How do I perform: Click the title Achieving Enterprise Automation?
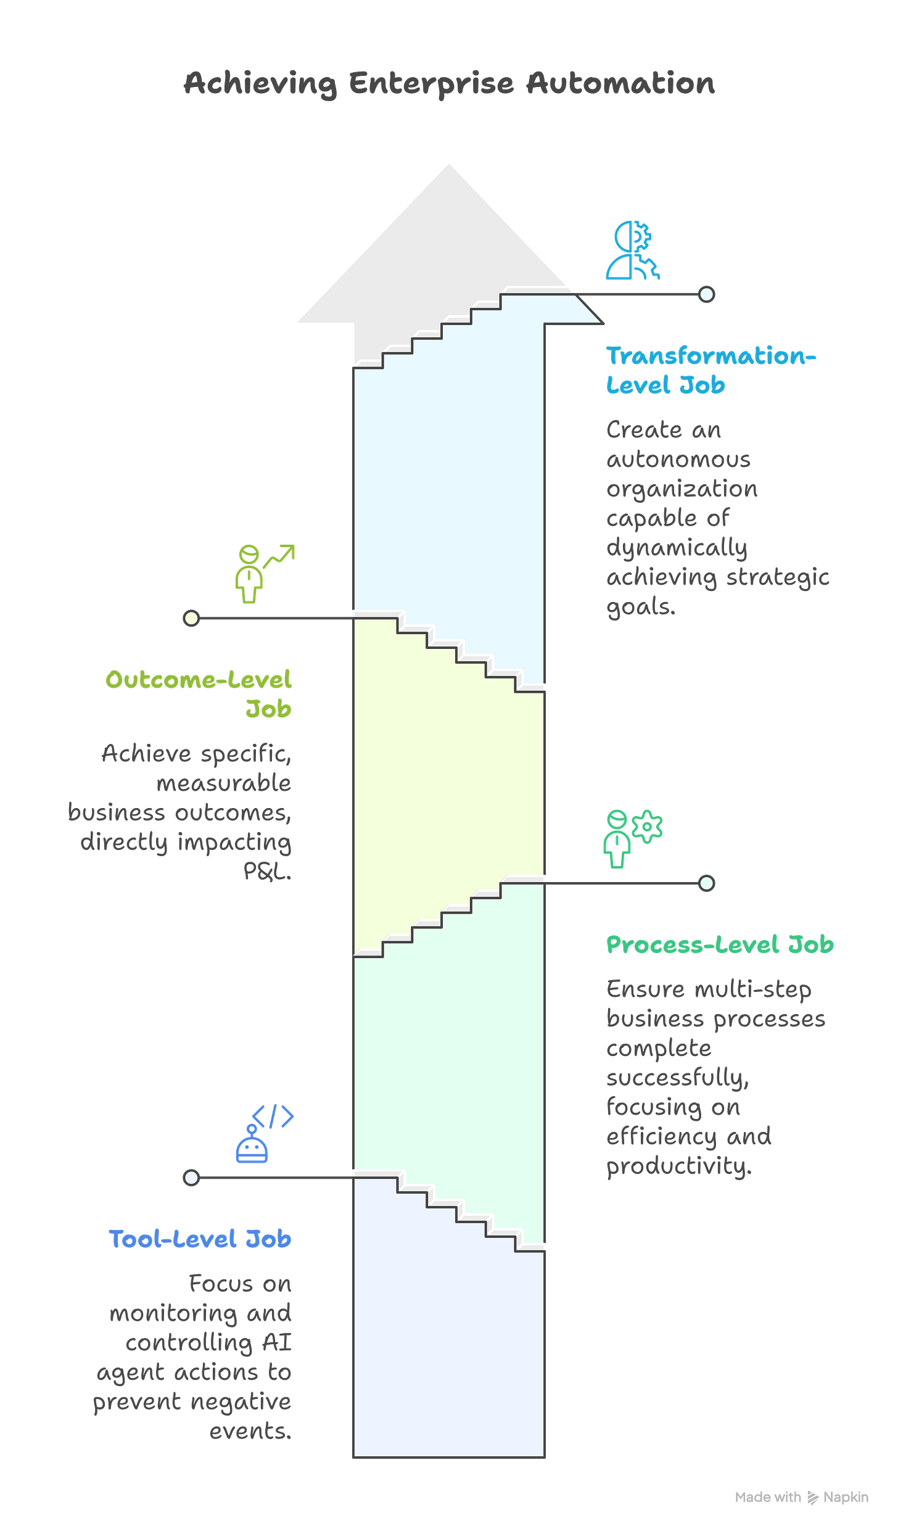(x=449, y=83)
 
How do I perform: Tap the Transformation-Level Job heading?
(x=709, y=370)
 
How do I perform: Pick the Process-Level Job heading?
(x=720, y=944)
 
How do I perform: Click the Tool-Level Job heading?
(x=200, y=1238)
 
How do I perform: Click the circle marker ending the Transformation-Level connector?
(x=707, y=294)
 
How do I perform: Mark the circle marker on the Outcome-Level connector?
(x=191, y=617)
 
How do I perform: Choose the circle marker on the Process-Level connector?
(x=707, y=883)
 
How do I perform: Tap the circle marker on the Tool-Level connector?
(x=191, y=1177)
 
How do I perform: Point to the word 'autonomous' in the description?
(x=678, y=460)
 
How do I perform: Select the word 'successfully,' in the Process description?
(x=677, y=1077)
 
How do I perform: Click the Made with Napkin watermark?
(x=801, y=1497)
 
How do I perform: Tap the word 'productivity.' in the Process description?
(x=678, y=1166)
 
